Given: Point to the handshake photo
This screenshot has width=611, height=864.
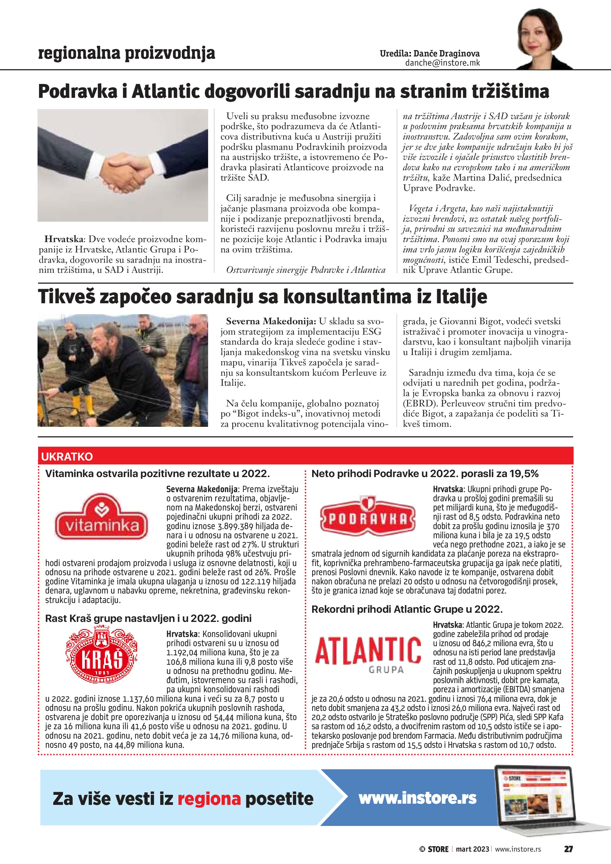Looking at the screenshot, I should click(x=123, y=165).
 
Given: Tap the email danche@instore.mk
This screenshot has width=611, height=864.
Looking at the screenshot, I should click(x=443, y=63).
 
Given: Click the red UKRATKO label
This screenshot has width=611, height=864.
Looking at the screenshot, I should click(x=67, y=456).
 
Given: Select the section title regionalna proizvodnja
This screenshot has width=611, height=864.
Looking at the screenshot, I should click(x=127, y=53).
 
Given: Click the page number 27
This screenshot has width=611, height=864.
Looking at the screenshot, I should click(x=568, y=849).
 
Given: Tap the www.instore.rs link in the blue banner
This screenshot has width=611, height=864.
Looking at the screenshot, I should click(x=417, y=798).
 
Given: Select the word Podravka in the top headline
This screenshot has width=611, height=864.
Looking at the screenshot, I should click(x=78, y=91).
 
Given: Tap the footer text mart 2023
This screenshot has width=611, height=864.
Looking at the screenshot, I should click(x=472, y=849).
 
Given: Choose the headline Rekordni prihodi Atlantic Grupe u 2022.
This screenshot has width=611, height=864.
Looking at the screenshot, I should click(x=407, y=609).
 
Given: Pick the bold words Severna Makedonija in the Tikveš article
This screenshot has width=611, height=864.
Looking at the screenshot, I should click(x=271, y=321).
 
